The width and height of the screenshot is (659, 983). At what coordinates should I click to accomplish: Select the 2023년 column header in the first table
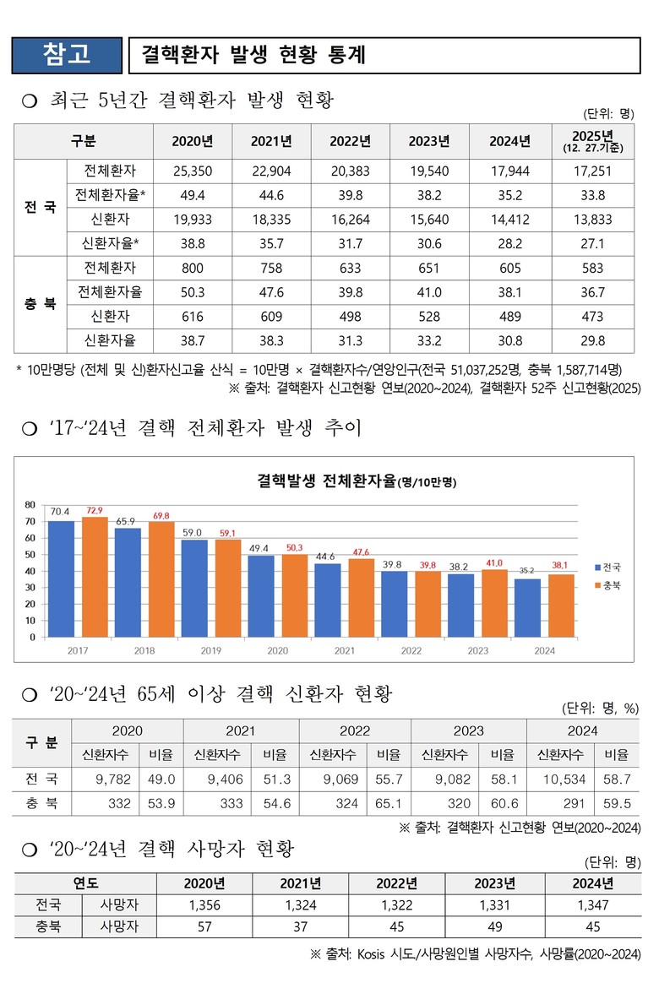click(x=428, y=141)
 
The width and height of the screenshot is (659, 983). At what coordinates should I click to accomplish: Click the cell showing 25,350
click(x=192, y=171)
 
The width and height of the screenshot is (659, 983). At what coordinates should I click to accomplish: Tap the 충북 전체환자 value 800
click(x=192, y=269)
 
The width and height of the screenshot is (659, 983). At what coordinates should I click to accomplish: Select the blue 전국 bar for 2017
click(x=61, y=578)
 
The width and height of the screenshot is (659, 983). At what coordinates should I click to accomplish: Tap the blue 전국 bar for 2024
click(x=527, y=607)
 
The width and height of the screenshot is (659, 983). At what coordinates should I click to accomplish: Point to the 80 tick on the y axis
click(x=30, y=505)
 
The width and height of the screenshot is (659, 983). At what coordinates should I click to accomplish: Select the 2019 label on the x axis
click(x=210, y=651)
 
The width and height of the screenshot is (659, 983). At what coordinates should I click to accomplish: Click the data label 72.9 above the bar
click(x=95, y=511)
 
